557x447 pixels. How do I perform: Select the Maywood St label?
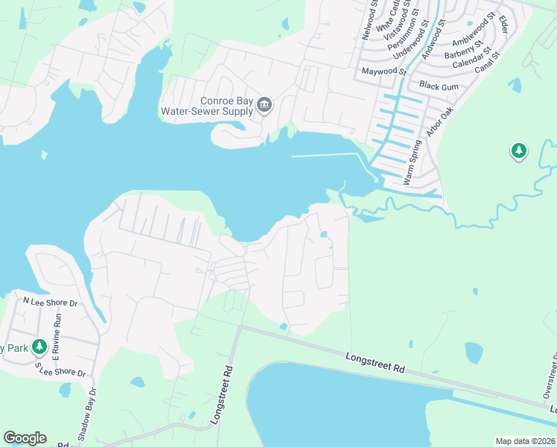click(383, 72)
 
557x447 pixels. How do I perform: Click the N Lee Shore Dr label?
click(50, 302)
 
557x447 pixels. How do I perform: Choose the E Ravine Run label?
click(57, 334)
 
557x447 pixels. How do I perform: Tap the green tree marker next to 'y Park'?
click(40, 347)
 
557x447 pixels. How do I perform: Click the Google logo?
click(25, 438)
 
